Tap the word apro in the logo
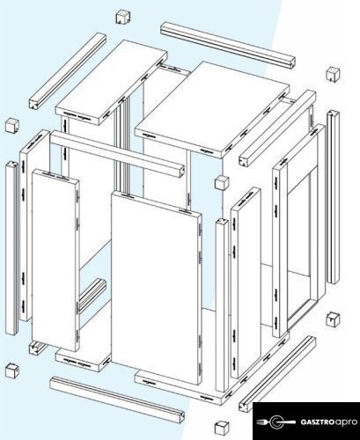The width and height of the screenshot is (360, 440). coord(346,422)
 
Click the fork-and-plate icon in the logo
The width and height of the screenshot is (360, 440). coord(276,422)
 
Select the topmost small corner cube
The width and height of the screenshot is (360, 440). coord(123,17)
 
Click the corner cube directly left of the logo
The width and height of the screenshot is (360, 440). coord(222,428)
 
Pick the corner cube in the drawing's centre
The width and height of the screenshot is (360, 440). coord(222,183)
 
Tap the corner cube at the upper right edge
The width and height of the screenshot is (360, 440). coord(333,74)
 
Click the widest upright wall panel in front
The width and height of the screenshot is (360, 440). coord(157,288)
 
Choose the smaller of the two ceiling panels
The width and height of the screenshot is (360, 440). coord(111,82)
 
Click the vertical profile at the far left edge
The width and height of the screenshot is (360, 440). coord(11,248)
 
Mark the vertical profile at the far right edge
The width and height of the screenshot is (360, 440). coord(333,197)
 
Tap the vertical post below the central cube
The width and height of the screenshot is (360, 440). coord(222,305)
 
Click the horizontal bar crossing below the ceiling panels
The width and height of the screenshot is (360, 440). coord(117,154)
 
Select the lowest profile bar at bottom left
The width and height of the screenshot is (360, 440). coord(117,400)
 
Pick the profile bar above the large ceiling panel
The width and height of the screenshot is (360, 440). coord(228,45)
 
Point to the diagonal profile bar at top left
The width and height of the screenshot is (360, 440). coord(68,71)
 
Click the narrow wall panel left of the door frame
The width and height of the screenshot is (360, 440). coord(246,282)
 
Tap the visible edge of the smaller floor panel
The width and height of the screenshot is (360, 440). coord(83,361)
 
